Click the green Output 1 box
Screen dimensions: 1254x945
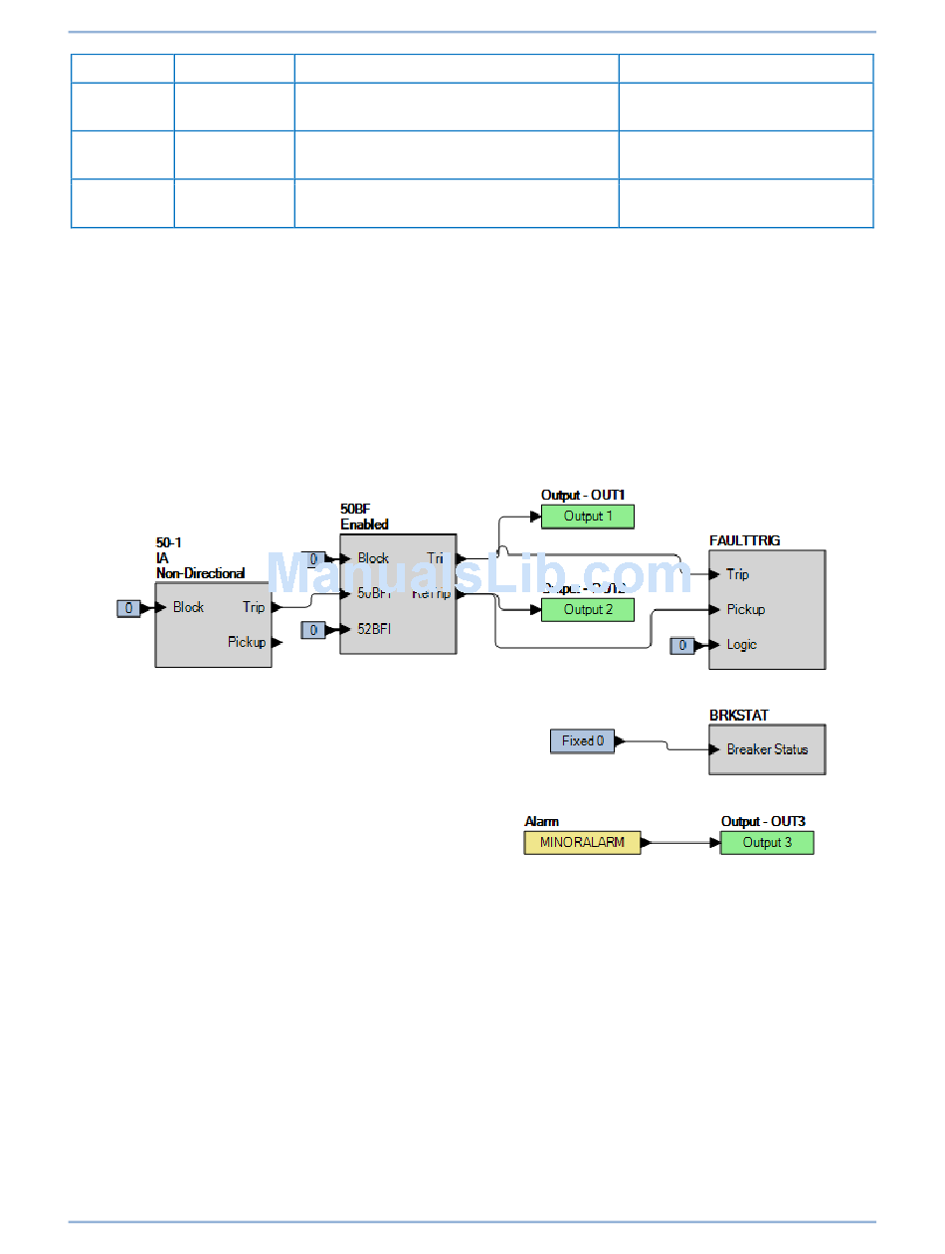coord(587,517)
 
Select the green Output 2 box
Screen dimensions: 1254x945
coord(587,610)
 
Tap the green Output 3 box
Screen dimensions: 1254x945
coord(767,843)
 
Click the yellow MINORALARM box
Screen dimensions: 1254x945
coord(582,843)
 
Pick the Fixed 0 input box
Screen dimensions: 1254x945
coord(582,741)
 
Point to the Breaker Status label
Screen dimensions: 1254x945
coord(767,749)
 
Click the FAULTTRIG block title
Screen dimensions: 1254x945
coord(744,540)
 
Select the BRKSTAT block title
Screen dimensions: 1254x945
coord(738,716)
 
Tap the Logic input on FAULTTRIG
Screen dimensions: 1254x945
coord(741,645)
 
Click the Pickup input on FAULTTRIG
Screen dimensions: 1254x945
coord(745,609)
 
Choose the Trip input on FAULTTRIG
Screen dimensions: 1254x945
coord(737,574)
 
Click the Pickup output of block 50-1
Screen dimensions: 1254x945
coord(247,642)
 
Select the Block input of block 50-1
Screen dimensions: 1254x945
coord(188,607)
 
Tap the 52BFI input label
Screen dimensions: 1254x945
coord(374,629)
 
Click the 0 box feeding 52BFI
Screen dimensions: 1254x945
coord(313,630)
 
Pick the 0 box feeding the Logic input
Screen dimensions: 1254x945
coord(682,646)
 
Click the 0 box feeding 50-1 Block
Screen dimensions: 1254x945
coord(128,608)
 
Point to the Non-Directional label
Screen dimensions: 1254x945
coord(200,573)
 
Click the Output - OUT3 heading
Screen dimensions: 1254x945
coord(763,822)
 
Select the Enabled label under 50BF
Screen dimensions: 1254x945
coord(364,524)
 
